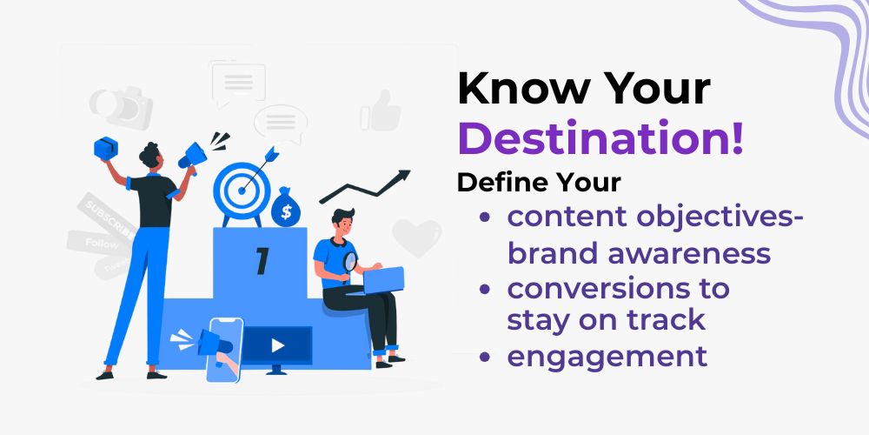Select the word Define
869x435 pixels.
(501, 183)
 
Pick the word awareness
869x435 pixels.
(689, 254)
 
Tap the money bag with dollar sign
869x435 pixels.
(285, 207)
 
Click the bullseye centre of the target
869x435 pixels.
(242, 191)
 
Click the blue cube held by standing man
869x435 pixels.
(105, 148)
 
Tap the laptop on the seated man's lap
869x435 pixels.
(382, 280)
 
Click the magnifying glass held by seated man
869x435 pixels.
(349, 264)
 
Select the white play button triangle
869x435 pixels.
(278, 345)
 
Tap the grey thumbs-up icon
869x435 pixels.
(381, 110)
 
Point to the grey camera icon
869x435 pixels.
(121, 106)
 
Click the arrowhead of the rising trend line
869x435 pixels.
(403, 176)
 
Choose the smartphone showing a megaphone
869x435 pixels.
(224, 350)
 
